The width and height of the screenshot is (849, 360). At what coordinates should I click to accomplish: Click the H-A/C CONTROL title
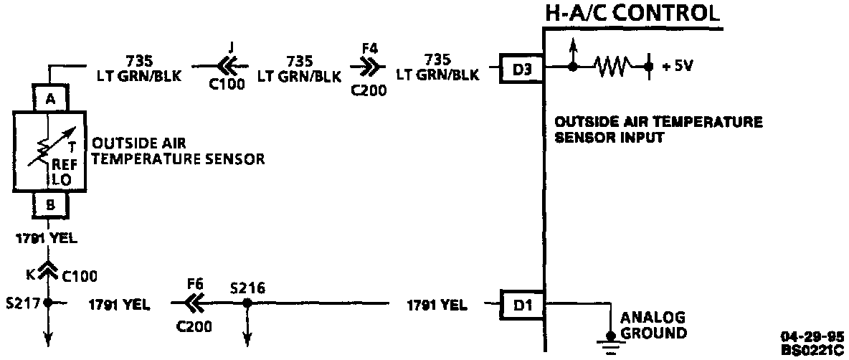tap(631, 12)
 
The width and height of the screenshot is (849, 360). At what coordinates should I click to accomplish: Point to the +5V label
tap(678, 67)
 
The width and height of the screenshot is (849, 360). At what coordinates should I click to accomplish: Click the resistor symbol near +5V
tap(613, 67)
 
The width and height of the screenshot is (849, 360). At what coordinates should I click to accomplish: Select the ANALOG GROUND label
tap(653, 324)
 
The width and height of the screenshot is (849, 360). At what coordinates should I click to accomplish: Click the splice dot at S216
tap(246, 304)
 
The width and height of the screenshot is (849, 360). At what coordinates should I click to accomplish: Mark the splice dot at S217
tap(48, 304)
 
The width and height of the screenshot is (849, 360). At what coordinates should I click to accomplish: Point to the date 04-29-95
tap(813, 335)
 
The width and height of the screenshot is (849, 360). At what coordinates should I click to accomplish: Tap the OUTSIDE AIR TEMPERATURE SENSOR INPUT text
tap(658, 129)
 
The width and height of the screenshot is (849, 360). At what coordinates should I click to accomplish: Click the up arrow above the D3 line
tap(572, 49)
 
